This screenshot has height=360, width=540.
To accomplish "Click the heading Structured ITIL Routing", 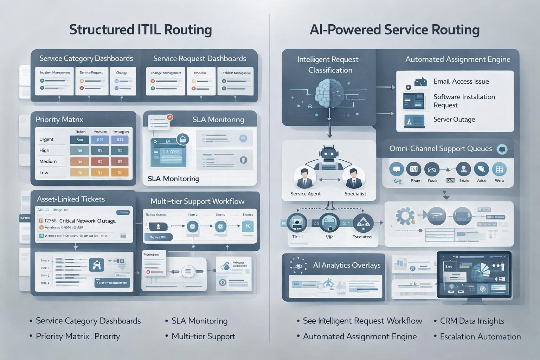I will pyautogui.click(x=140, y=30).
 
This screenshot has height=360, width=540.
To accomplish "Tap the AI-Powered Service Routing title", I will pyautogui.click(x=394, y=30).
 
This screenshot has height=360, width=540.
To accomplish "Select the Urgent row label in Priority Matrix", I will pyautogui.click(x=46, y=139).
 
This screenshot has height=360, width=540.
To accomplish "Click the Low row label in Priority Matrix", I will pyautogui.click(x=44, y=173).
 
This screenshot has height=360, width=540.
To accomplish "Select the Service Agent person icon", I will pyautogui.click(x=304, y=178).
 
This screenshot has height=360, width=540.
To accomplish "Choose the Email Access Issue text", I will pyautogui.click(x=461, y=81).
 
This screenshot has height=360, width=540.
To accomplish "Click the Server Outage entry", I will pyautogui.click(x=454, y=119).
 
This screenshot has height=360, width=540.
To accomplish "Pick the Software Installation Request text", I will pyautogui.click(x=464, y=101).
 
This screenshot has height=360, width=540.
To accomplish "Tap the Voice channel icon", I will pyautogui.click(x=481, y=169).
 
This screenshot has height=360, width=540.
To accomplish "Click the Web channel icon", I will pyautogui.click(x=499, y=169).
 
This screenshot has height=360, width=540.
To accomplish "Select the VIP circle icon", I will pyautogui.click(x=329, y=223).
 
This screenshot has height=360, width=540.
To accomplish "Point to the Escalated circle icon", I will pyautogui.click(x=362, y=223).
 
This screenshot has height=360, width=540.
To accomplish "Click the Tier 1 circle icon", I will pyautogui.click(x=297, y=223).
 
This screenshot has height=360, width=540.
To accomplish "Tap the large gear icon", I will pyautogui.click(x=405, y=216).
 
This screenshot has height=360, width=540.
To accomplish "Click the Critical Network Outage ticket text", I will pyautogui.click(x=87, y=221).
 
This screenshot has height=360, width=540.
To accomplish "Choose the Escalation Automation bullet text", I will pyautogui.click(x=480, y=336).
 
